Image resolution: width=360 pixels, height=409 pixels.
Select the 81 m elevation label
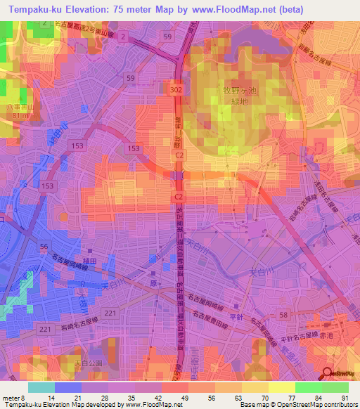click(15, 115)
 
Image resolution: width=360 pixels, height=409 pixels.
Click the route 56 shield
click(44, 245)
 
